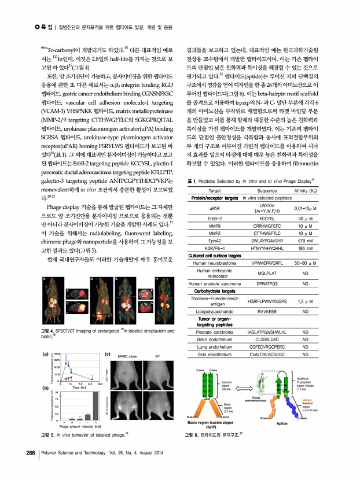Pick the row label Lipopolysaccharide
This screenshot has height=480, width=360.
click(214, 311)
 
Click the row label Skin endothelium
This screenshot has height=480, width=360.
click(214, 354)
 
